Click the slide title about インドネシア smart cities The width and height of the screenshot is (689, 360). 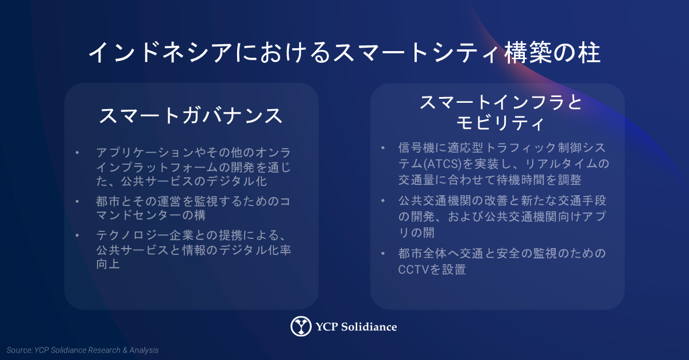point(344,53)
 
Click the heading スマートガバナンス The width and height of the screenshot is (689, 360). point(191,116)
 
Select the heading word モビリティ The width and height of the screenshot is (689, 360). point(500,123)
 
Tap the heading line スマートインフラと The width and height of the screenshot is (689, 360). point(501,102)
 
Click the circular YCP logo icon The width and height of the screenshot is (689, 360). point(301,326)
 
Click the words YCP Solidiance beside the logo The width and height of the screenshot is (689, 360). point(356,327)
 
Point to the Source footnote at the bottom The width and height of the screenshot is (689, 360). point(83,350)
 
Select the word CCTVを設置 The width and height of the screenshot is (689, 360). point(432,269)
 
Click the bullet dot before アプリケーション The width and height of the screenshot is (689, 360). point(77,152)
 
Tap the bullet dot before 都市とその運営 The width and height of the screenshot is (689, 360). point(77,201)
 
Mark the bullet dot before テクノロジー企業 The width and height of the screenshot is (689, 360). point(77,235)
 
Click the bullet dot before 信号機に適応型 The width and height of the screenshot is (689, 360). point(383,148)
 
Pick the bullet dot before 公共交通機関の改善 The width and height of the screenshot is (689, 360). point(383,200)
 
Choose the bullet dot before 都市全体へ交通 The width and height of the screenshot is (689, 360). point(383,254)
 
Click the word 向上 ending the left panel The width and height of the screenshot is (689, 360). point(108,264)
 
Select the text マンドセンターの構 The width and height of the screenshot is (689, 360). point(150,215)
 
